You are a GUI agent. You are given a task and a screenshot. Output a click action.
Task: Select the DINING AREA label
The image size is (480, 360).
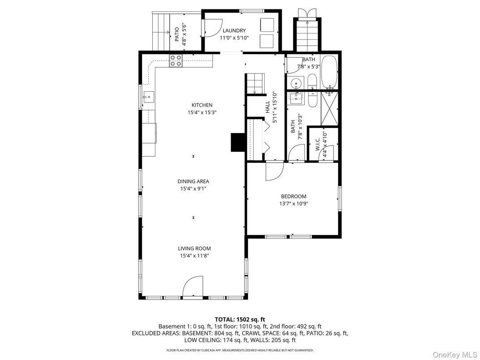click(193, 181)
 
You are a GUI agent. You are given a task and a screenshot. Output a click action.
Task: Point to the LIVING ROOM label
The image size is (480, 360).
click(194, 249)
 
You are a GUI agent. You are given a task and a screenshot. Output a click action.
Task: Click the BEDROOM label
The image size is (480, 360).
click(293, 196)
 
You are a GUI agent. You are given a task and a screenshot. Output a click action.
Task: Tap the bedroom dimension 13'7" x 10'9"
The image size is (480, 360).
click(293, 203)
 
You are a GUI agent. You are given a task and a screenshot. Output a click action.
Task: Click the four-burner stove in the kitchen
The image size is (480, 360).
click(176, 60)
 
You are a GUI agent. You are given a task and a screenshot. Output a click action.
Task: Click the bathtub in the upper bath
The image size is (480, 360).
click(329, 72)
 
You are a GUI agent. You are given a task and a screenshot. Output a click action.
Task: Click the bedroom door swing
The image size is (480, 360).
click(274, 171)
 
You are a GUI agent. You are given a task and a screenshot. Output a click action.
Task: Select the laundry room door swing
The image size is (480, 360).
click(211, 28)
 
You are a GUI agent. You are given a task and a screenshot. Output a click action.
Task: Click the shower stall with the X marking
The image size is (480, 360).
click(329, 108)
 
